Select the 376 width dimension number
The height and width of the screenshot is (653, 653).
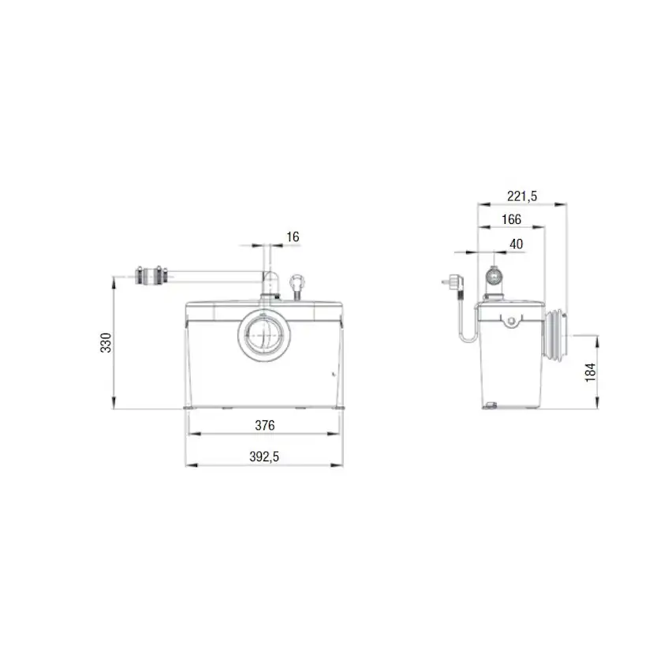point(264,425)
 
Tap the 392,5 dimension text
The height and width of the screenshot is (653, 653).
point(264,457)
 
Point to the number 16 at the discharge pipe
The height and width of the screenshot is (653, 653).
point(293,236)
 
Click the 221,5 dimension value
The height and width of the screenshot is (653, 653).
point(521,196)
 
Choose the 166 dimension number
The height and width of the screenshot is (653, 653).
point(511,220)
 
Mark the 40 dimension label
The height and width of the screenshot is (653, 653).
point(517,244)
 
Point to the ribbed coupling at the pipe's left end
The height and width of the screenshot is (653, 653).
point(152,276)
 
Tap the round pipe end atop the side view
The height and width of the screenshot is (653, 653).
point(494,277)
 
